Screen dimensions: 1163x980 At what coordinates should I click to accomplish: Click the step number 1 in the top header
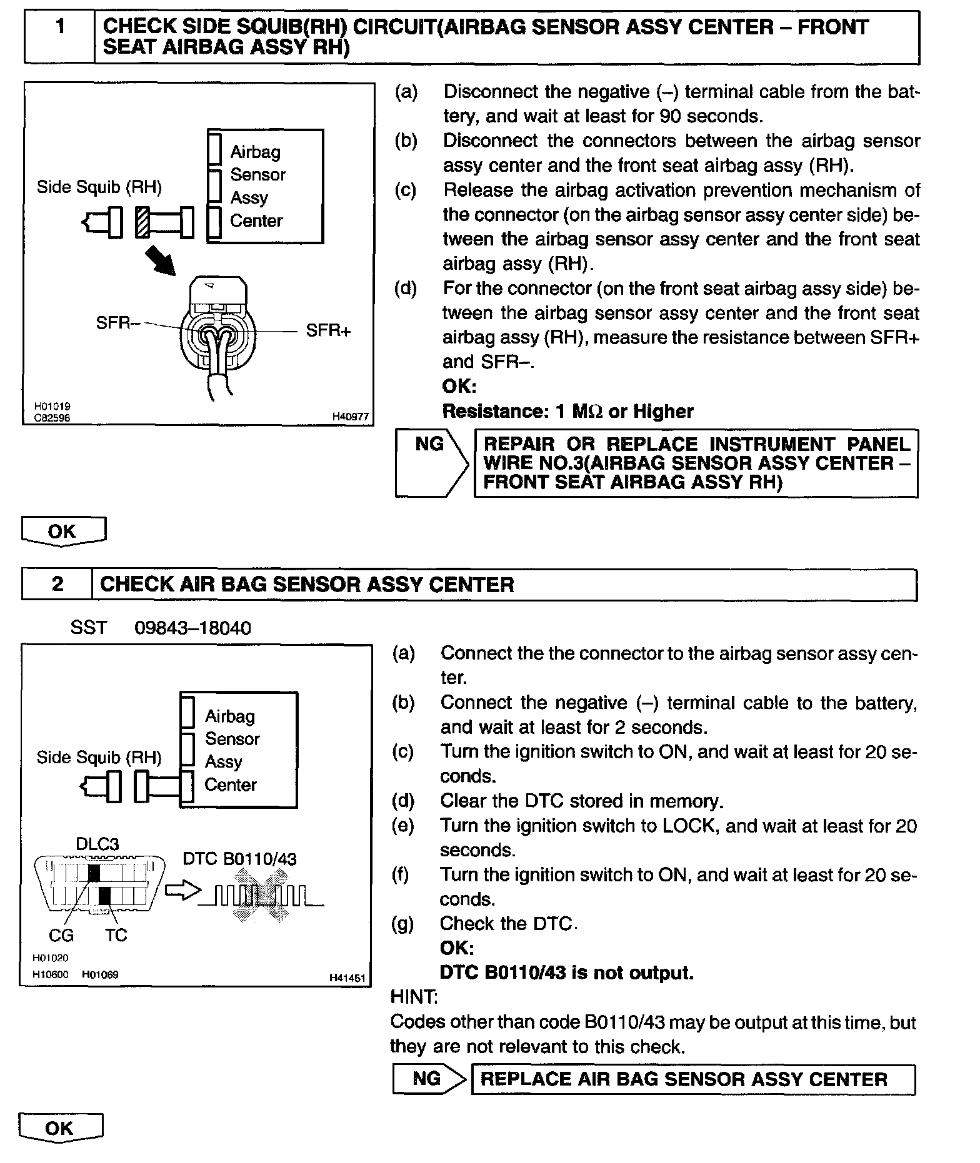(60, 27)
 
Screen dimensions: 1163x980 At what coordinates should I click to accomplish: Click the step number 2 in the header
(57, 584)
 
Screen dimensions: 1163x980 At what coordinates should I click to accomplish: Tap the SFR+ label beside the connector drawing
(328, 330)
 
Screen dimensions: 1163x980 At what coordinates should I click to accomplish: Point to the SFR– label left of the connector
(117, 323)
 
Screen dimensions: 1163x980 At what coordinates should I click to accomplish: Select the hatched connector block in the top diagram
(142, 222)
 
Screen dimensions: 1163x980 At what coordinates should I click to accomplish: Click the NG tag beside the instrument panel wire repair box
(430, 445)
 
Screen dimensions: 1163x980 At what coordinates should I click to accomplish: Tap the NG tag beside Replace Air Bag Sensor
(427, 1079)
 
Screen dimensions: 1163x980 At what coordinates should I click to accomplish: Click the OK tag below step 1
(62, 532)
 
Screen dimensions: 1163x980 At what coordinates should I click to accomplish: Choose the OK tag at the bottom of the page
(59, 1128)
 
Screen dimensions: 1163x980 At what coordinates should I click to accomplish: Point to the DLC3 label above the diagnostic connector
(97, 844)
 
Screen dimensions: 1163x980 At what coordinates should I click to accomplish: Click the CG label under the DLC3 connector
(61, 935)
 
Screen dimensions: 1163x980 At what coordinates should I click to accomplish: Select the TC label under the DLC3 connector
(116, 935)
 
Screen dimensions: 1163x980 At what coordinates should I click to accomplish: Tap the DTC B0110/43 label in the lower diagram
(240, 859)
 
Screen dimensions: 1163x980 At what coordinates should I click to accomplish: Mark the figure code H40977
(350, 417)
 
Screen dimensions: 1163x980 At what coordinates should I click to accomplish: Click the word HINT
(414, 996)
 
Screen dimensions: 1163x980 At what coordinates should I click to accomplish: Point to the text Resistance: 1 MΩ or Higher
(567, 412)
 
